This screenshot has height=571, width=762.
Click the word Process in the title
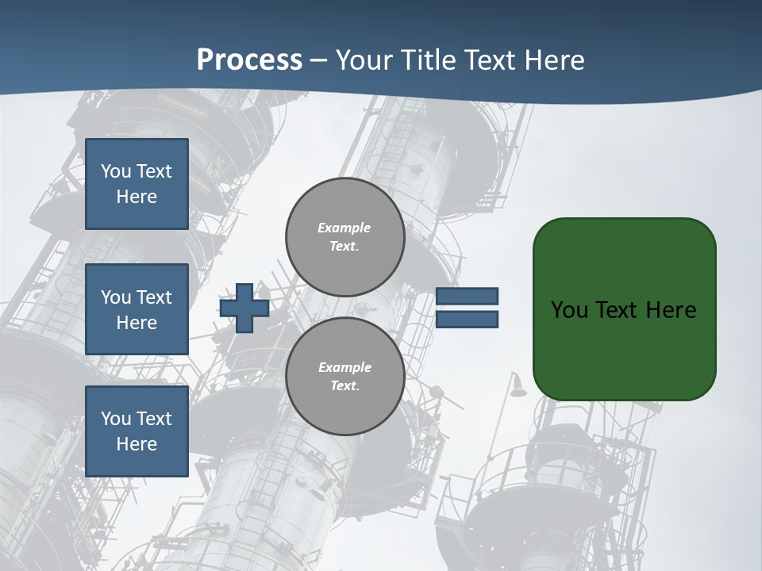coord(249,59)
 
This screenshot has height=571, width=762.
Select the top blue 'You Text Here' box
coord(137,184)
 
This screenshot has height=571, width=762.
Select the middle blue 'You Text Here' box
coord(137,309)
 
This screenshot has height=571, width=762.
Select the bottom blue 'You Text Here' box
coord(137,431)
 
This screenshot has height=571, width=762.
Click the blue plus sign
coord(244,308)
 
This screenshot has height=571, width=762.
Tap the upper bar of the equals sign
coord(467,297)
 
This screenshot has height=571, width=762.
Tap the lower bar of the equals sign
coord(467,320)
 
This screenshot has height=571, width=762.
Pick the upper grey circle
coord(344,237)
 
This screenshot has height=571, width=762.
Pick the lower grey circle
coord(344,377)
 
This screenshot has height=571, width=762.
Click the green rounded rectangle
coord(624,349)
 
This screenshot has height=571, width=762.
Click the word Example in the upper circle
coord(344,228)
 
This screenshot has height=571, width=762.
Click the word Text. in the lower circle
coord(344,386)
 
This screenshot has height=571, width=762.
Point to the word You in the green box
coord(569,310)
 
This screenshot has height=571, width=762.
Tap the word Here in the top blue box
coord(137,197)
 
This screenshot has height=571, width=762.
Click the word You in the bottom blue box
coord(116,418)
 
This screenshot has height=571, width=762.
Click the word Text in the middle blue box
coord(154,297)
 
